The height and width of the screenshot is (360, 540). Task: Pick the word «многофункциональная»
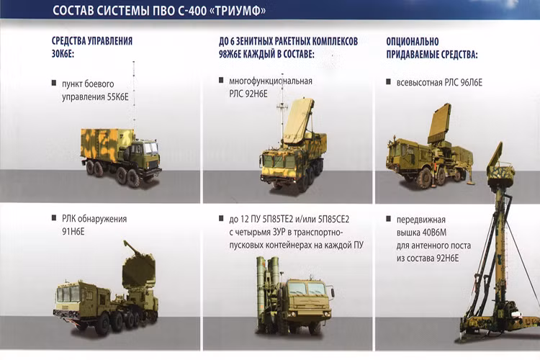click(266, 81)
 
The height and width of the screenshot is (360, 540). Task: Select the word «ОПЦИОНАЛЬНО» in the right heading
click(413, 41)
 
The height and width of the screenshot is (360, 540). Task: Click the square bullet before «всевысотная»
click(390, 83)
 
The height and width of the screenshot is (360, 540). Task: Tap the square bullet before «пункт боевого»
click(54, 83)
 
